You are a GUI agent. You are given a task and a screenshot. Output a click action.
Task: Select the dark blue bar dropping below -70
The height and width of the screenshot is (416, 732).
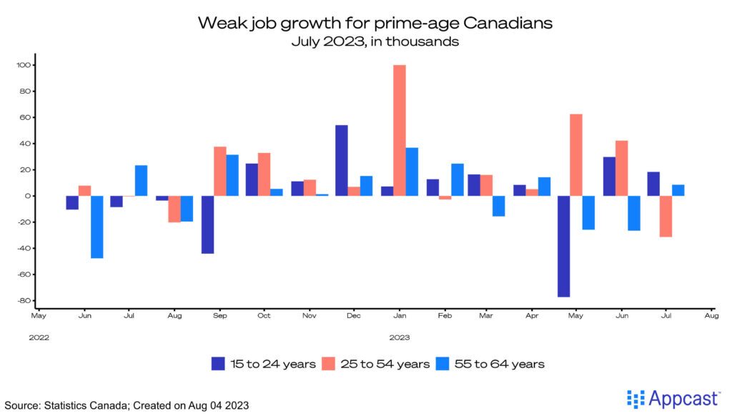tap(563, 246)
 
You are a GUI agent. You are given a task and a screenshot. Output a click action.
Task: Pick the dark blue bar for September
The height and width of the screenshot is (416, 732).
tap(207, 224)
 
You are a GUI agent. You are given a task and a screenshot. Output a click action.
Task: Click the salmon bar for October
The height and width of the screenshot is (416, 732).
tap(264, 174)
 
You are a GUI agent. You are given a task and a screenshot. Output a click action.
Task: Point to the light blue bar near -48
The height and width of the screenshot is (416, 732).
tap(97, 227)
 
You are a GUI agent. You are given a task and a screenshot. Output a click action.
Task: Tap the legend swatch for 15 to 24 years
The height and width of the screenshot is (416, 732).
tap(218, 364)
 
